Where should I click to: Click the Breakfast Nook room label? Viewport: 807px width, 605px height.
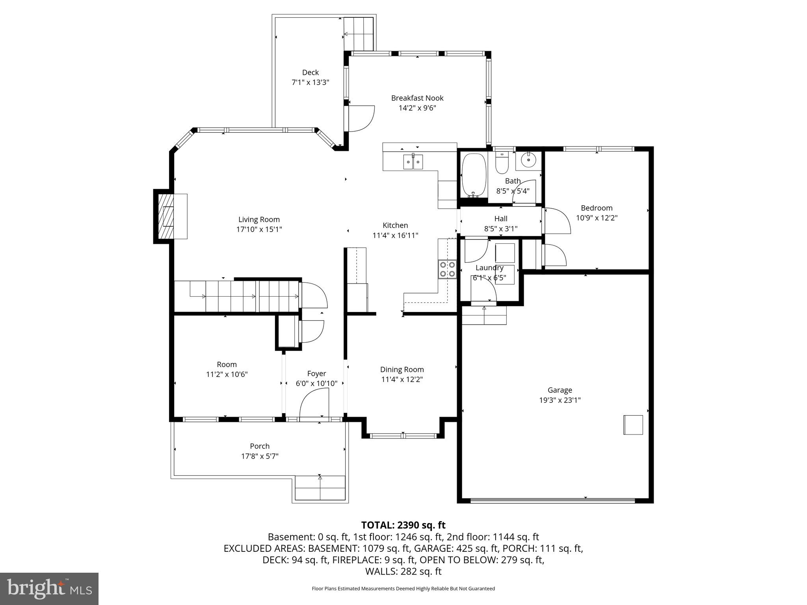[417, 98]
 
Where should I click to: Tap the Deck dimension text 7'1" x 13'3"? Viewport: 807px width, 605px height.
[310, 82]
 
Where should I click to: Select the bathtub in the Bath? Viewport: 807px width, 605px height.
[473, 175]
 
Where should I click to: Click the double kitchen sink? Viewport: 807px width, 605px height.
[413, 162]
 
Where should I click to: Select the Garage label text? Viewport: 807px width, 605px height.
[560, 390]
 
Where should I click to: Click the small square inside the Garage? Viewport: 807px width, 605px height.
[633, 425]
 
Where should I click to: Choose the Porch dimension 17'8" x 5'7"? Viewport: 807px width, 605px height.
[260, 456]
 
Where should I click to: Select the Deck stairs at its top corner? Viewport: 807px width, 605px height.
[358, 33]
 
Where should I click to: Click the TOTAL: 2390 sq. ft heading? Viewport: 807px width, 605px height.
[403, 525]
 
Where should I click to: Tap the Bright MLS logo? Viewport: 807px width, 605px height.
[49, 589]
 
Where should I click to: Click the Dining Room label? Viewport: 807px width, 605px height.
[402, 369]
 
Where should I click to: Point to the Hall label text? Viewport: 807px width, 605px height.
[500, 219]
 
